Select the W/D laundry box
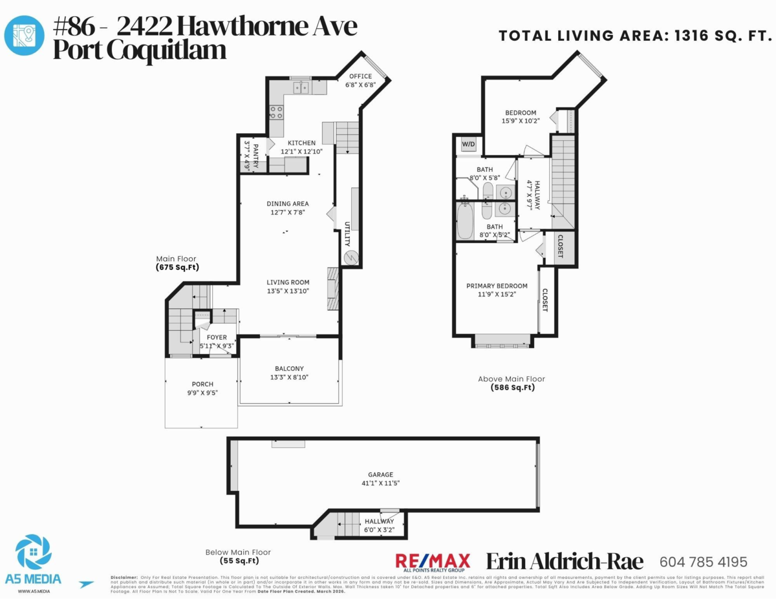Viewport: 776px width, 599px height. pyautogui.click(x=468, y=144)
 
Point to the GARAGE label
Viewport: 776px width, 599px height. pyautogui.click(x=381, y=474)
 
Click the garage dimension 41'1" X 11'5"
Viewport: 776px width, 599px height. pyautogui.click(x=381, y=483)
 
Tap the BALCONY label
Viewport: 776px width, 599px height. pyautogui.click(x=289, y=368)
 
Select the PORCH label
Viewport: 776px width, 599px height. pyautogui.click(x=202, y=384)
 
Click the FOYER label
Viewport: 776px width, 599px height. pyautogui.click(x=217, y=337)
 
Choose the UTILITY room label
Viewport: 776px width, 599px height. pyautogui.click(x=347, y=234)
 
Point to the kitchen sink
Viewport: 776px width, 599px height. pyautogui.click(x=301, y=87)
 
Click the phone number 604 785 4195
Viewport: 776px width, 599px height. pyautogui.click(x=703, y=562)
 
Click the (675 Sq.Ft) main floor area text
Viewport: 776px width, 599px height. pyautogui.click(x=177, y=267)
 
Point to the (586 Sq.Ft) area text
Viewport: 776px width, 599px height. pyautogui.click(x=512, y=388)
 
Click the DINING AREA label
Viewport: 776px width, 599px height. pyautogui.click(x=287, y=204)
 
